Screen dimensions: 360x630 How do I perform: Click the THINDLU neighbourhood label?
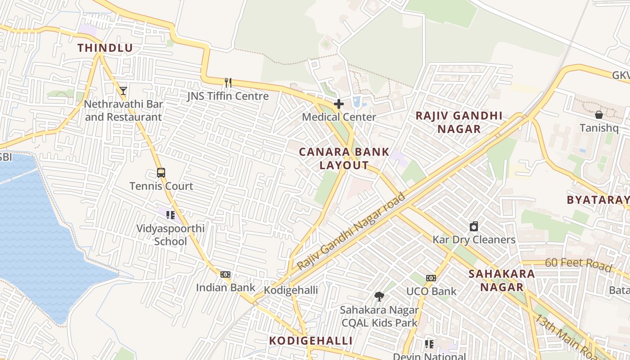(105, 48)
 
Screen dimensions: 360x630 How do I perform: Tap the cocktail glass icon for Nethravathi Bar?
(123, 90)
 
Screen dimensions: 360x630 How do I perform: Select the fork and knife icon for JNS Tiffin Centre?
(228, 82)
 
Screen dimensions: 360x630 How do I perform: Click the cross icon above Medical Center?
(339, 104)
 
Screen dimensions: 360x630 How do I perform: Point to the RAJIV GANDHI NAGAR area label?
(459, 122)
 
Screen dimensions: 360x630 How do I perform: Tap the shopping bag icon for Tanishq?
(598, 115)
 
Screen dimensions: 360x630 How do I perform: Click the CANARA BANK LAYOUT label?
(344, 158)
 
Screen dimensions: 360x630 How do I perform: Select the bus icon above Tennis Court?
(161, 172)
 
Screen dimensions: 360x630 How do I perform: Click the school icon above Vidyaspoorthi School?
(170, 215)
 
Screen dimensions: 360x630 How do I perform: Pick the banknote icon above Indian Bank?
(225, 274)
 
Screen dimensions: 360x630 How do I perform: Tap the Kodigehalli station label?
(291, 290)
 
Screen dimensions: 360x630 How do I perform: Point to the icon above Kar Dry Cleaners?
(473, 226)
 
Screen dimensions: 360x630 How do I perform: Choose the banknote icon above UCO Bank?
(431, 278)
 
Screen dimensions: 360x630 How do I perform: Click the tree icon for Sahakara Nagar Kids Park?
(379, 296)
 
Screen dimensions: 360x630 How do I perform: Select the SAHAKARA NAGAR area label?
(502, 280)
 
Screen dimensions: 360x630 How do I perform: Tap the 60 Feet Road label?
(578, 265)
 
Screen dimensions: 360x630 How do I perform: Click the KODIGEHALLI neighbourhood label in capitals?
(310, 341)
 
